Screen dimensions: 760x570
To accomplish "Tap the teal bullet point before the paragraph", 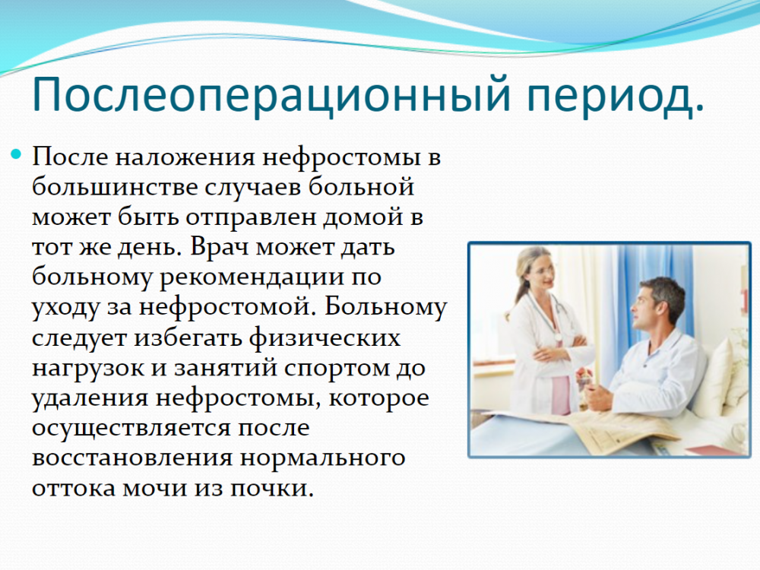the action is (x=17, y=154).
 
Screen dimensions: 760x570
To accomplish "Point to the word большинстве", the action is (x=115, y=187).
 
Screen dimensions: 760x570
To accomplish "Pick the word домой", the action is (x=364, y=217).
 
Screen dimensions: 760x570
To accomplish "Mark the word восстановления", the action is (x=132, y=458).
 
